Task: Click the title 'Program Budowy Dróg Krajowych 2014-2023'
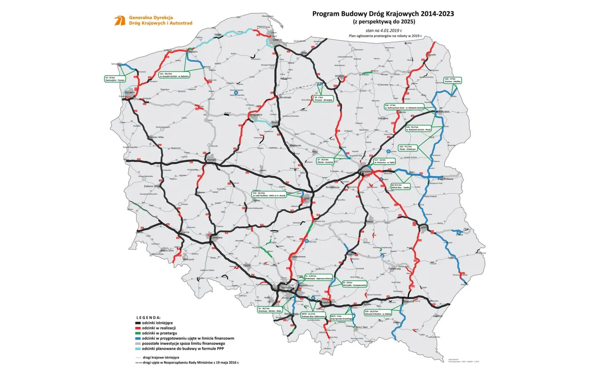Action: tap(383, 14)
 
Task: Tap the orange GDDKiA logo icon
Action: tap(120, 20)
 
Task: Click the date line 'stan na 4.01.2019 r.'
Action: tap(383, 31)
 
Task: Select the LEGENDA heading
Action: tap(148, 317)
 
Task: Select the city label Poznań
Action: tap(211, 159)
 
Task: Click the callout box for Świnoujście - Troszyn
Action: tap(115, 79)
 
